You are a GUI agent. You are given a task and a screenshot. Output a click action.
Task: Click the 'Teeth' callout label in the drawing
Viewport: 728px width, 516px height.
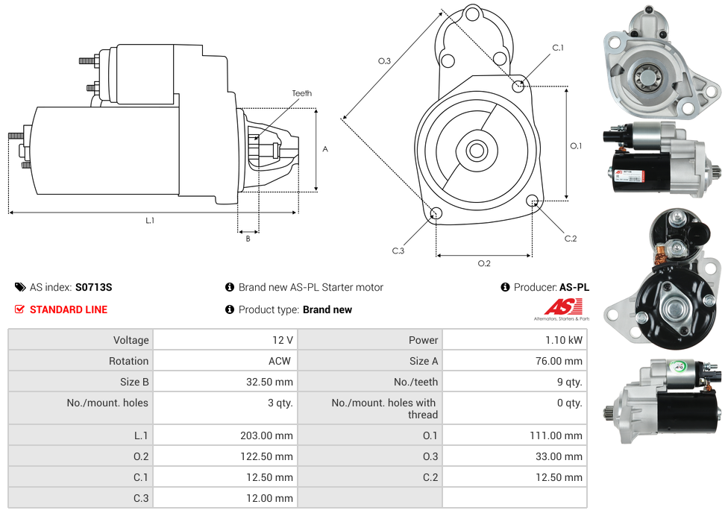pos(301,93)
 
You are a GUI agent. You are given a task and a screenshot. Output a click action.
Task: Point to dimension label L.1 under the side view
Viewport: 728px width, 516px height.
pos(150,220)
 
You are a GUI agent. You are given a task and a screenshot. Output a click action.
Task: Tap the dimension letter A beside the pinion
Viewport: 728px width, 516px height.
pos(325,149)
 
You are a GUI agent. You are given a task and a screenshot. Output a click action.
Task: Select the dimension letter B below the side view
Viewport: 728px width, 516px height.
pos(248,239)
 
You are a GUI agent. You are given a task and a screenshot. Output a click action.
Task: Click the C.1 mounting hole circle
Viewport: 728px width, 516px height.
pos(518,86)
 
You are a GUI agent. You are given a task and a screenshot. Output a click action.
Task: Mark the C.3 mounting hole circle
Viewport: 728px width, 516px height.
pos(436,215)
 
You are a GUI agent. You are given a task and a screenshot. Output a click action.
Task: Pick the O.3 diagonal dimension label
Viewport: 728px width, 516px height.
pos(384,61)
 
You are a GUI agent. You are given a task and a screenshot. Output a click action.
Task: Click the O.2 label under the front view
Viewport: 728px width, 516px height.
pos(483,263)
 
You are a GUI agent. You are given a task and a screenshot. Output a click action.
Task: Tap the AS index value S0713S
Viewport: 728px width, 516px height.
pos(93,287)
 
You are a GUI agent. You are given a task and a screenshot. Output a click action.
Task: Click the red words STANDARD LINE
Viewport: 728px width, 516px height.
pos(68,309)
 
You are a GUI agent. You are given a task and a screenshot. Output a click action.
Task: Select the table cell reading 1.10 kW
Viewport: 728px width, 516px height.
pos(565,340)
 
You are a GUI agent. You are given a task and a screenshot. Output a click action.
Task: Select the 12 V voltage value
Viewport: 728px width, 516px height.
pos(282,340)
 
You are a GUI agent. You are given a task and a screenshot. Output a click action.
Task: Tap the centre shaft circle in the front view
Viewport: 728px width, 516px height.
pos(476,151)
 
